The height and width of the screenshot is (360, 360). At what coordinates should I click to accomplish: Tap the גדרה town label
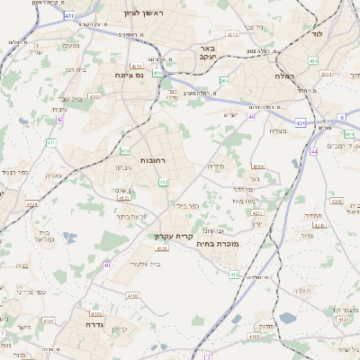(x=96, y=323)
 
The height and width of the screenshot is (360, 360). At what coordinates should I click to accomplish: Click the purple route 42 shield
(x=60, y=119)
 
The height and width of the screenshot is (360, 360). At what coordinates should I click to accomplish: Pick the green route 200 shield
(x=224, y=81)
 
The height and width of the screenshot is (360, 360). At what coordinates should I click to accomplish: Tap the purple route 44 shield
(x=315, y=152)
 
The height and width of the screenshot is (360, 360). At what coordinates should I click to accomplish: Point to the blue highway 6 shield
(x=342, y=118)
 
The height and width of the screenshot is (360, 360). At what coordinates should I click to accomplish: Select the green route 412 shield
(x=163, y=183)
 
